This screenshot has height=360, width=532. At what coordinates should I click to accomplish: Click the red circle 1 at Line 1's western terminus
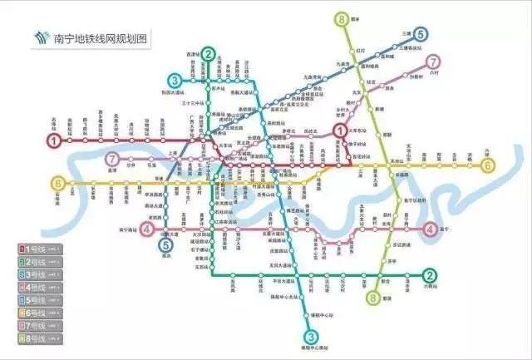pos(55,141)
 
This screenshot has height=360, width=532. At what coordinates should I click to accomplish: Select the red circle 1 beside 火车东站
pos(339,129)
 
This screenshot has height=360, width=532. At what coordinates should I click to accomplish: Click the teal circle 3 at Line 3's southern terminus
pos(309,337)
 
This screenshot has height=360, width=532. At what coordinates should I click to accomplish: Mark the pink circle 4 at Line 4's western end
pos(147,229)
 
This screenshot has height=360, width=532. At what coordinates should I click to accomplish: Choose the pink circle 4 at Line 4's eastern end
pos(430,229)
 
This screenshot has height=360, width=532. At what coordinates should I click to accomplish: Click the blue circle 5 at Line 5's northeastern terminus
pos(421,34)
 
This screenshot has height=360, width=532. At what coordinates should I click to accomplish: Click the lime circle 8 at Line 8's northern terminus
pos(342,18)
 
